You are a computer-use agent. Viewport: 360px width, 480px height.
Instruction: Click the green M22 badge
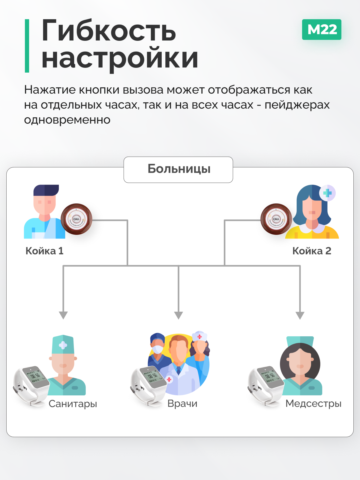click(322, 29)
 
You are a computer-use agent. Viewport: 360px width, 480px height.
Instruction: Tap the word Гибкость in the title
click(109, 31)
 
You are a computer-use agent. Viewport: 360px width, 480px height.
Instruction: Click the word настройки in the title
click(119, 58)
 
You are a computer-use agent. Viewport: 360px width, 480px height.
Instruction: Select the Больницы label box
click(178, 169)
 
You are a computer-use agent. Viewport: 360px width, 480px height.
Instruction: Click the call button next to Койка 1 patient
click(76, 219)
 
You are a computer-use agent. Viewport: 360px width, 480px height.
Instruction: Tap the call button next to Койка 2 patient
click(276, 219)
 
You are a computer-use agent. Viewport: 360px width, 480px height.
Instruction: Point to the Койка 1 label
click(44, 251)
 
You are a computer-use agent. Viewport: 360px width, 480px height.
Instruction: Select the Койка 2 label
click(312, 251)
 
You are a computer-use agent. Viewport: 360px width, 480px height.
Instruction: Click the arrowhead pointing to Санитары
click(63, 315)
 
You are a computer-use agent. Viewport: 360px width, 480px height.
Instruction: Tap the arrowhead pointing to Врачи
click(178, 315)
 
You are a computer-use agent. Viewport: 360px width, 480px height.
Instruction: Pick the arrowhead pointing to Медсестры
click(300, 315)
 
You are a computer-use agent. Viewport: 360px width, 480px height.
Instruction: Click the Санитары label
click(73, 404)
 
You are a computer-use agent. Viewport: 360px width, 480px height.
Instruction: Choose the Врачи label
click(182, 404)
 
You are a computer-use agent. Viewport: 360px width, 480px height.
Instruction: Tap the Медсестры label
click(313, 404)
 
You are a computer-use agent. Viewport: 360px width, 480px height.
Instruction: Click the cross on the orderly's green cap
click(63, 345)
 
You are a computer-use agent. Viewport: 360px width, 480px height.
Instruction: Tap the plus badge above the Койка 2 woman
click(327, 193)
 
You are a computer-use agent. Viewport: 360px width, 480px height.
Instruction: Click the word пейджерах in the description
click(297, 105)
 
